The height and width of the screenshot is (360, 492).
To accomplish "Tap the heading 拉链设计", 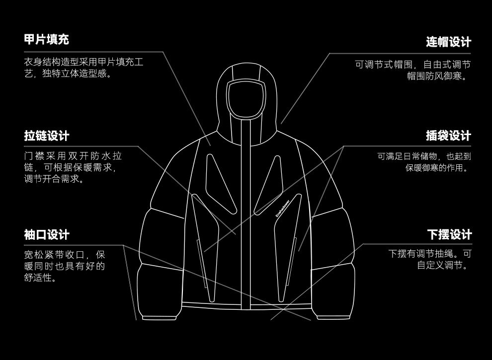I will (47, 136).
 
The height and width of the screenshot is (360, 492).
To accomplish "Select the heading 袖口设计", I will (47, 234).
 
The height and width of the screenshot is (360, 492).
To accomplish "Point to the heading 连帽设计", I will (448, 42).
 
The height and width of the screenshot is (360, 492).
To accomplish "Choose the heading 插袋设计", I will (448, 136).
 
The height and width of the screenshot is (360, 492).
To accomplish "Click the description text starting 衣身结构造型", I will (83, 68).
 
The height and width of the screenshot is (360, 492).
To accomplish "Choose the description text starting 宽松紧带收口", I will (65, 266).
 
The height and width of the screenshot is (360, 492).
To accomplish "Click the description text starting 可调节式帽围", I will (412, 70).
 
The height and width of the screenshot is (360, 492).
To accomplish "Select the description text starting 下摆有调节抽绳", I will (429, 259).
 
